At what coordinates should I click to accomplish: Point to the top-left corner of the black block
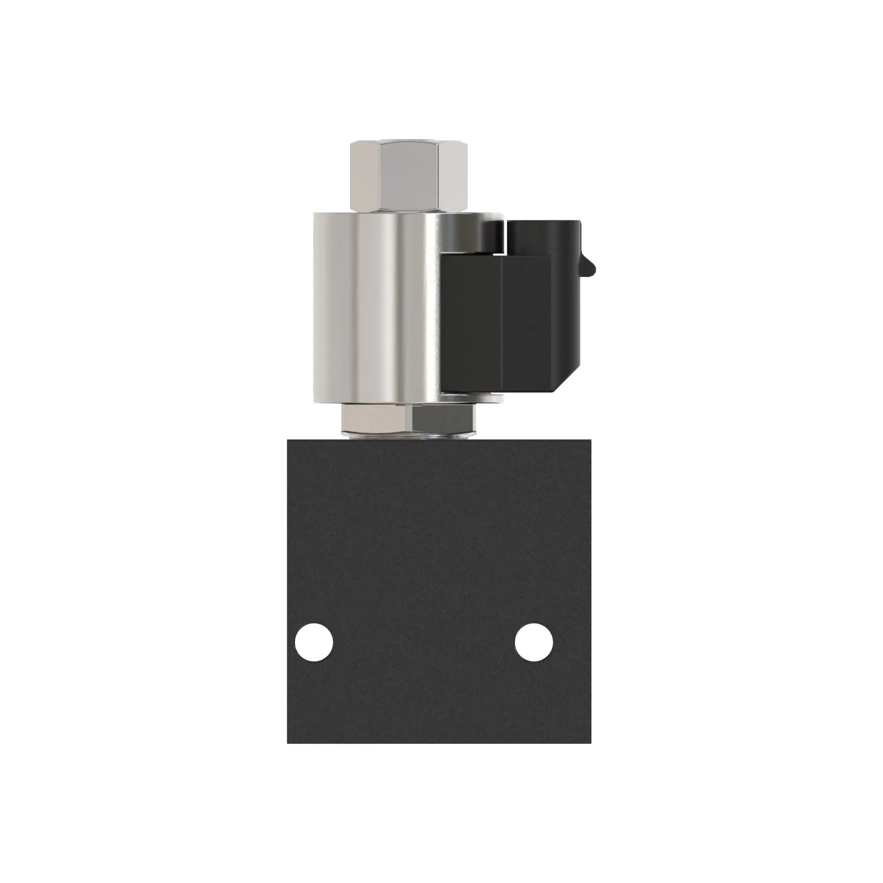tap(288, 440)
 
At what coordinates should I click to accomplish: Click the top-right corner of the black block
tap(590, 440)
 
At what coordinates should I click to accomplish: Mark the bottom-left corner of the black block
tap(288, 742)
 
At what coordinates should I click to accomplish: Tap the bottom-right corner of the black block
tap(590, 742)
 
